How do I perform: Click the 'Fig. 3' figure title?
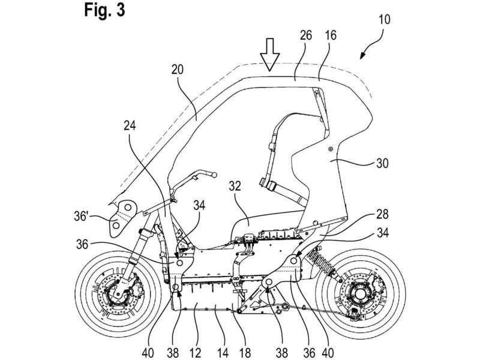104,10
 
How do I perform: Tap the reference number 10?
384,19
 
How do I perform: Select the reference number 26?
305,35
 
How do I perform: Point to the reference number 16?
331,35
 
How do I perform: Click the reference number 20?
178,70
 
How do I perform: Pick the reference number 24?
130,125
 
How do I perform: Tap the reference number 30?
382,163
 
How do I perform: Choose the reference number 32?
235,186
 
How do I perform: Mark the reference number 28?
382,214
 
